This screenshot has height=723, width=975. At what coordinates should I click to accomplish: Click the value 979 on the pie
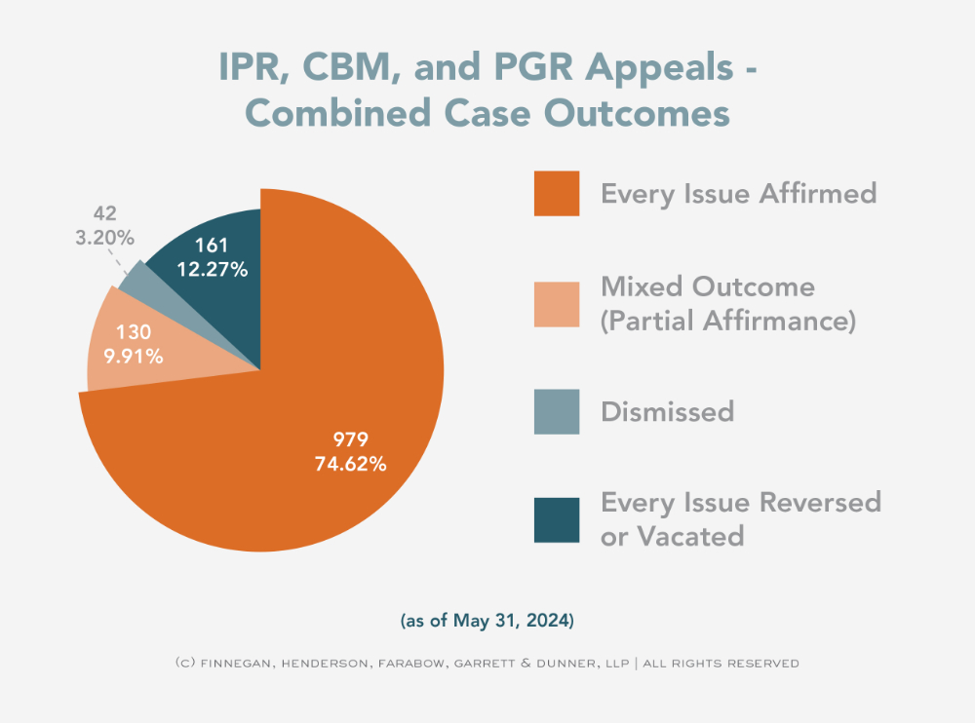pos(350,438)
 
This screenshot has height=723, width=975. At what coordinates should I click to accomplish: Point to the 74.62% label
pos(350,464)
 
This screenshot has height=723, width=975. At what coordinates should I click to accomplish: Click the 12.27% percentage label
pos(212,269)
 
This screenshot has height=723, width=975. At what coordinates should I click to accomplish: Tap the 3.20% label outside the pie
pos(104,237)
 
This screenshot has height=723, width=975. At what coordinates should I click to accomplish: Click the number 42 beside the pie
pos(105,213)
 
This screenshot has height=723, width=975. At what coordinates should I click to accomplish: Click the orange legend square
pos(557,193)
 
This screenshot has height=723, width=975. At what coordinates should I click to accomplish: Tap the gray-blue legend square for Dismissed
pos(557,411)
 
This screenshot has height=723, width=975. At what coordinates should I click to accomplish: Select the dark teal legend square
pos(557,519)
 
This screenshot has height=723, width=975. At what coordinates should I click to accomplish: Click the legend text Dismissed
pos(667,411)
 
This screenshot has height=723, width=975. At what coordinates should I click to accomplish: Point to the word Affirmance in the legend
pos(780,321)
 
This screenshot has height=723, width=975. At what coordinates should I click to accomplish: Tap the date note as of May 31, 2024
pos(487,619)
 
